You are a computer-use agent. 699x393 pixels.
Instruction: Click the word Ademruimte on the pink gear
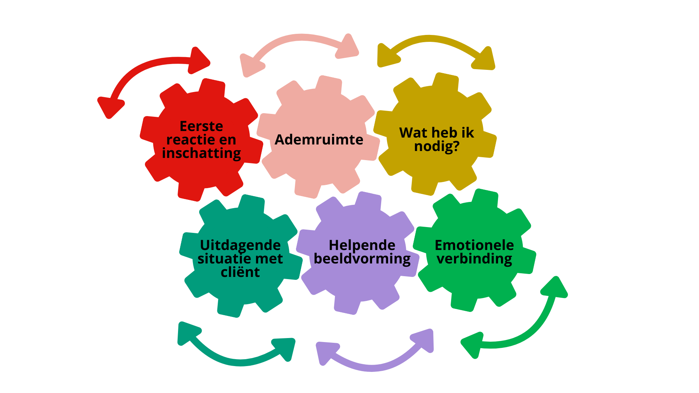319,140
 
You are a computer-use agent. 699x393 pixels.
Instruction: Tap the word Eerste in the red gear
201,126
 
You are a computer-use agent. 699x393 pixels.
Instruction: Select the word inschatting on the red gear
201,153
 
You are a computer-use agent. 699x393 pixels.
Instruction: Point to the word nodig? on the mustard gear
437,147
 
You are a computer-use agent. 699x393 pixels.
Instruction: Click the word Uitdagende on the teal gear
240,245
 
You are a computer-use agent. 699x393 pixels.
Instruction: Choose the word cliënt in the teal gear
240,272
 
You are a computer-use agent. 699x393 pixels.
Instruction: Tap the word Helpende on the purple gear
362,245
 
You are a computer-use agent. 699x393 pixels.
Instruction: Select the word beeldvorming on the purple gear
362,259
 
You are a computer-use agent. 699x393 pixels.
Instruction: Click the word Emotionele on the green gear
474,245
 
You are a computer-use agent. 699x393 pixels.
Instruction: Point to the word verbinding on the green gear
474,259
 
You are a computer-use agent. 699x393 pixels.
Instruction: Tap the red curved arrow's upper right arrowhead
199,60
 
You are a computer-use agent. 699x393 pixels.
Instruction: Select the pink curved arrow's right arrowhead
347,47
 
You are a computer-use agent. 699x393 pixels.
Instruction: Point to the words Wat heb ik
437,133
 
